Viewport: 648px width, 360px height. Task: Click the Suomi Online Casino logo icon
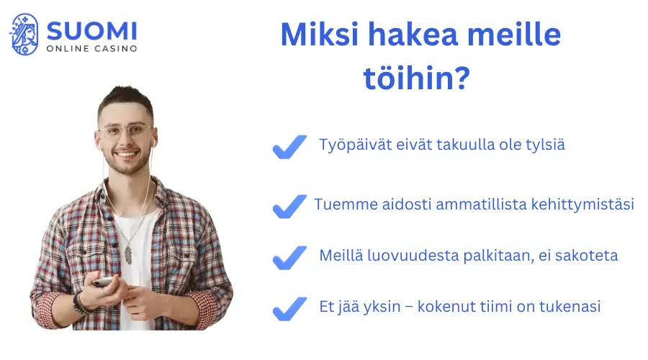click(24, 35)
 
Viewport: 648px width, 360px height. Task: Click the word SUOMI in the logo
click(91, 30)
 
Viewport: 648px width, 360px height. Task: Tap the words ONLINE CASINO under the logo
click(91, 49)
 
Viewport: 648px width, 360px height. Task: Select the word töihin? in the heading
click(417, 78)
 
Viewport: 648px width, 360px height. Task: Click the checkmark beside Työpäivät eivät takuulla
click(289, 147)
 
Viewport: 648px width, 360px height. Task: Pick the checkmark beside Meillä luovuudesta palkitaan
click(289, 257)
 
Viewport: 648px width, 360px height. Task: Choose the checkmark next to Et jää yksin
click(289, 308)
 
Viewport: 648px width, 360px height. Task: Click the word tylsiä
click(544, 145)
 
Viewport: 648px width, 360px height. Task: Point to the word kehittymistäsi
click(587, 204)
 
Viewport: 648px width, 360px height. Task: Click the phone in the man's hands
click(104, 282)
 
